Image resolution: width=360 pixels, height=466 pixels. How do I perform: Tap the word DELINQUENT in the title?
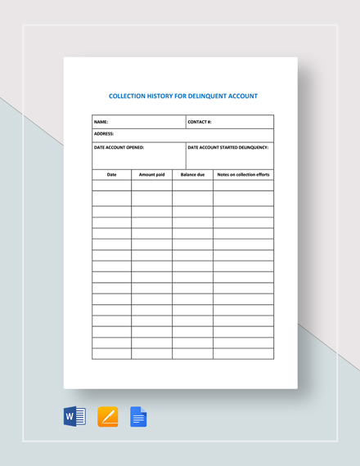(x=207, y=96)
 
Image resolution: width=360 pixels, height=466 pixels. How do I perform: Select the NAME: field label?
(x=101, y=122)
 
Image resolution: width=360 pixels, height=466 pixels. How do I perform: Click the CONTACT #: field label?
(x=200, y=122)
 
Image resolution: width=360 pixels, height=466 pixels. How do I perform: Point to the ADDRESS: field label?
(x=104, y=133)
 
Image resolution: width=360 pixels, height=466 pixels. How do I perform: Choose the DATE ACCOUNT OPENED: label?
(x=119, y=147)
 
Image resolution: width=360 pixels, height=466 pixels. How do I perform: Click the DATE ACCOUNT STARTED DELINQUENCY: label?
(x=229, y=147)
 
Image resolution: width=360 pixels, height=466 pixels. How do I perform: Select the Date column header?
(x=112, y=174)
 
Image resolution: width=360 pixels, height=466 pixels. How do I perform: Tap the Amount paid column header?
(x=151, y=174)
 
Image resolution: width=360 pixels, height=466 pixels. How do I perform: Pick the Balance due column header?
(x=192, y=174)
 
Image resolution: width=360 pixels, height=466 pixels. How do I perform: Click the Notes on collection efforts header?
(x=243, y=174)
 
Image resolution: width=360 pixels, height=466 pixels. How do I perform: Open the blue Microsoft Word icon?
(x=74, y=417)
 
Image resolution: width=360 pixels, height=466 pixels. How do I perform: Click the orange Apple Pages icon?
(x=107, y=417)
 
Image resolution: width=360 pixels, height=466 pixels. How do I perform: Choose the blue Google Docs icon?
(x=138, y=417)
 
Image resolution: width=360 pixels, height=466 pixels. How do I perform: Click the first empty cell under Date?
(x=112, y=186)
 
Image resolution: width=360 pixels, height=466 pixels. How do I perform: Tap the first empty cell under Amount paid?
(x=151, y=186)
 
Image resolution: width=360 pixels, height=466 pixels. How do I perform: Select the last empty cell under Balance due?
(x=192, y=353)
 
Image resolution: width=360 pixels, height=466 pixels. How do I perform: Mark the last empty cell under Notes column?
(x=243, y=353)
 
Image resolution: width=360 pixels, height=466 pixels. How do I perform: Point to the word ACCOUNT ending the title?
(x=241, y=96)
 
